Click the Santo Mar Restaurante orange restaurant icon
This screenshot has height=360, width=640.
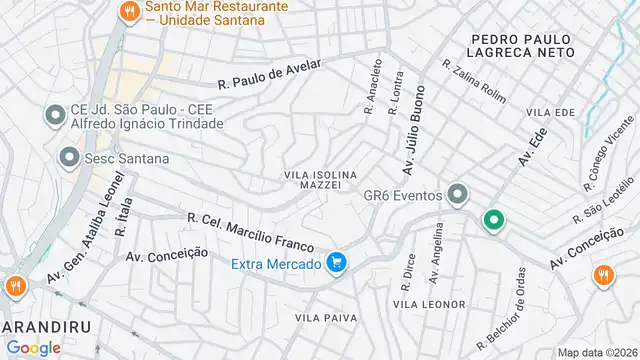[x=129, y=12]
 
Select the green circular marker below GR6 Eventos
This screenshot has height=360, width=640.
[x=493, y=220]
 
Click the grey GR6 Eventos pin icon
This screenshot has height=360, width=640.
[x=458, y=194]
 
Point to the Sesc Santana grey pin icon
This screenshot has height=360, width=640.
[x=69, y=158]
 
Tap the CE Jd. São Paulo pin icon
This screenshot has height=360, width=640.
[x=52, y=116]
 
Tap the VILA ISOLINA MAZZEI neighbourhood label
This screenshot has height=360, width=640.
[x=320, y=181]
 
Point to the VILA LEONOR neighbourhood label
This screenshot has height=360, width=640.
[x=429, y=304]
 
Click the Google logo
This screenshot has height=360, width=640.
[x=33, y=347]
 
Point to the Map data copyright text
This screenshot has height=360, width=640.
[x=598, y=352]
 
